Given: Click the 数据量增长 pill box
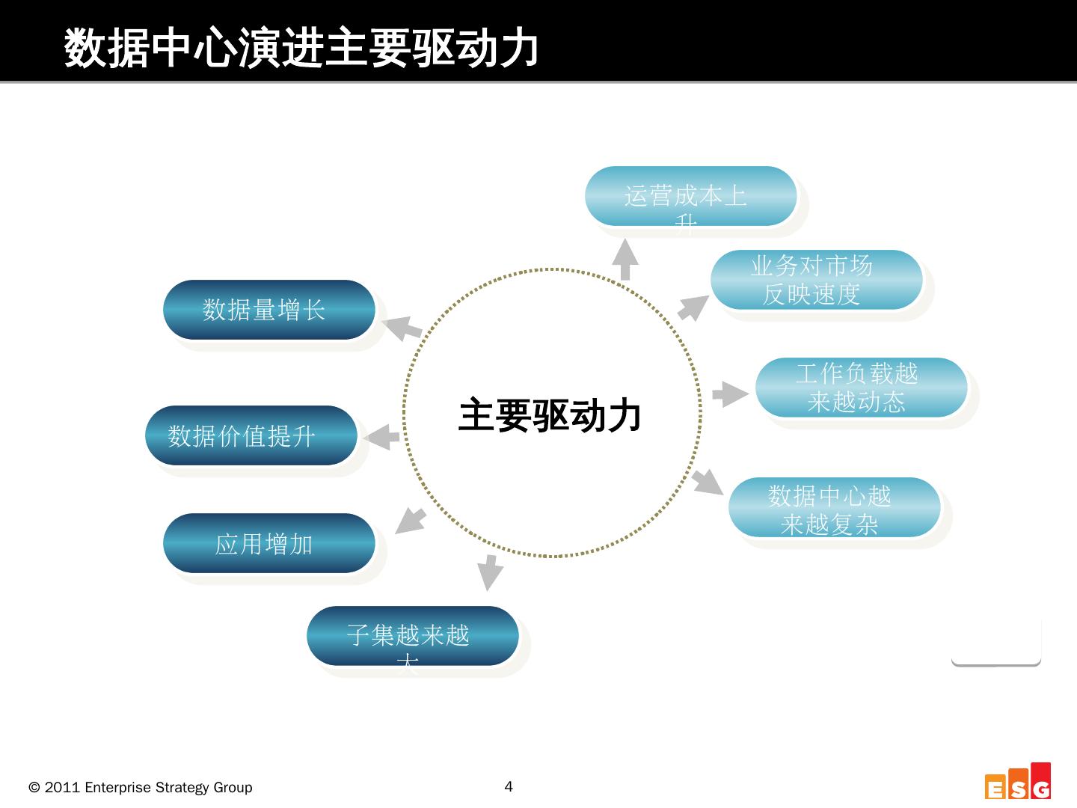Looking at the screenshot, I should [269, 310].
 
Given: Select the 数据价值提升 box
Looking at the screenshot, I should [251, 435].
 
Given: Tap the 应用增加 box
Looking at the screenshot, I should [269, 543].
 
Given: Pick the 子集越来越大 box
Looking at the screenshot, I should [412, 636].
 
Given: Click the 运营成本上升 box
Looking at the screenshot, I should [690, 196].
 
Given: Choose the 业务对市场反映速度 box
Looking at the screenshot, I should [816, 280].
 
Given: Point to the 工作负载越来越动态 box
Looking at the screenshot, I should [861, 388].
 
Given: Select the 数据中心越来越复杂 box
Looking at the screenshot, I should [834, 507].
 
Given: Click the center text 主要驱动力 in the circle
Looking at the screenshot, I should [550, 415].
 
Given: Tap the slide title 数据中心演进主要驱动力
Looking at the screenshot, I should [301, 49].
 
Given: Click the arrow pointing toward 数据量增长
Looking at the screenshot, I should [402, 328].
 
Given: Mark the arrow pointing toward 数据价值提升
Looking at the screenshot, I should [382, 437].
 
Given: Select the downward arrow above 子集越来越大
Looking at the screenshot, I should [490, 572].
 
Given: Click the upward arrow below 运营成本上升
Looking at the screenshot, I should [625, 259].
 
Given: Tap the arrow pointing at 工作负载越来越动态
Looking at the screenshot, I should [729, 394].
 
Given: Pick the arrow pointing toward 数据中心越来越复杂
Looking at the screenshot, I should [707, 481].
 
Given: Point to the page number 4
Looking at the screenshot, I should [509, 786].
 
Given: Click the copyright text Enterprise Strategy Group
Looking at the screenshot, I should [141, 788].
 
